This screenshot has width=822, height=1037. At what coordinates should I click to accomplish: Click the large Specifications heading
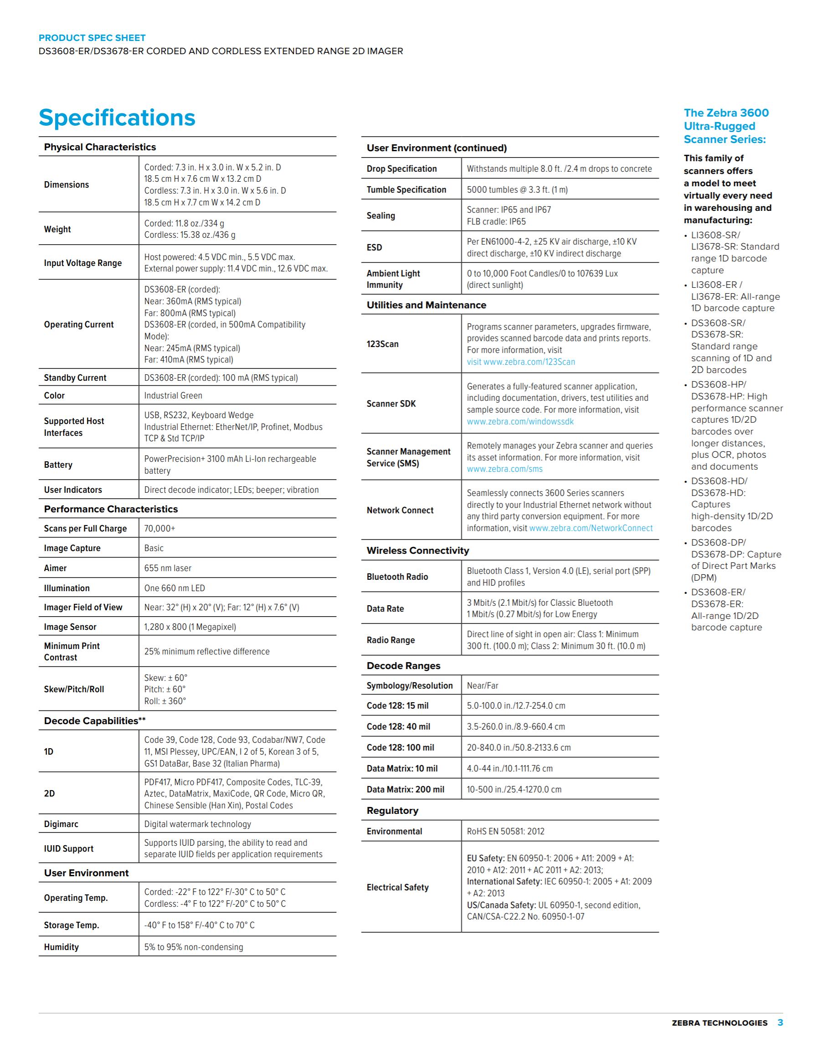click(x=117, y=118)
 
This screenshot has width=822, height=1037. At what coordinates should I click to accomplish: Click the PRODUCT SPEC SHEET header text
click(x=92, y=38)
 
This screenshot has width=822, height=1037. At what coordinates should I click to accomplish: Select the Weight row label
click(x=57, y=230)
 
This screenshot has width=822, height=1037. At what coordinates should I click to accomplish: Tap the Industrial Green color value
click(x=173, y=396)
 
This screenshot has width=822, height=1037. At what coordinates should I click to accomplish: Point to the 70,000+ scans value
click(x=160, y=529)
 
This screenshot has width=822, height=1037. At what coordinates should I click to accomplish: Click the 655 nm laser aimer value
click(x=168, y=568)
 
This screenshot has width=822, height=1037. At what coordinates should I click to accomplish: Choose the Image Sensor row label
click(x=70, y=627)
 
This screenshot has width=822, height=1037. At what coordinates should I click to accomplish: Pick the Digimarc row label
click(x=61, y=824)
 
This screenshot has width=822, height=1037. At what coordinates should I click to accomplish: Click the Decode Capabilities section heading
click(x=95, y=721)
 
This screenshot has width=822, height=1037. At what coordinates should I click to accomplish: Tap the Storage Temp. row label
click(x=71, y=925)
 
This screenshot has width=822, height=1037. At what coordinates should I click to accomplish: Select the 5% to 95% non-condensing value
click(x=194, y=947)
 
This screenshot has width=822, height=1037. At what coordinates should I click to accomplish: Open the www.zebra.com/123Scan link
click(x=529, y=362)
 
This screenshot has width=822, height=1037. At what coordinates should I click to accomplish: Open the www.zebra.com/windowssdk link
click(x=520, y=422)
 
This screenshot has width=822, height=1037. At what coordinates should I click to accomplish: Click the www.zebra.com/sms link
click(x=504, y=470)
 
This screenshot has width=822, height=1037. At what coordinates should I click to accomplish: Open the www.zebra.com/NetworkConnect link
click(x=591, y=528)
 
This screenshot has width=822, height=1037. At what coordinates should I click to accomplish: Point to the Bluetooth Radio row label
click(x=397, y=577)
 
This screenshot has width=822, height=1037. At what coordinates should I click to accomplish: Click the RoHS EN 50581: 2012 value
click(x=506, y=832)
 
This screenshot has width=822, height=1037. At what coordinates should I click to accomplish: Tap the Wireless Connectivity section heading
click(x=418, y=551)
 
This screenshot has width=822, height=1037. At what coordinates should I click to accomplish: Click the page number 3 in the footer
click(x=780, y=1022)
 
